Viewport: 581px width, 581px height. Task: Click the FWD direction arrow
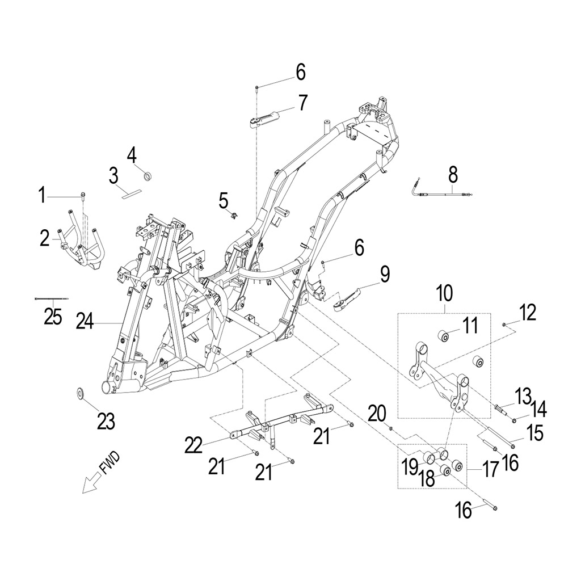[x=91, y=482]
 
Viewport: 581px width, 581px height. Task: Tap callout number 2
[x=45, y=238]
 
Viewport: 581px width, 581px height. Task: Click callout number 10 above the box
[x=444, y=293]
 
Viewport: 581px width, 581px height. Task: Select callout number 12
[x=528, y=312]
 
